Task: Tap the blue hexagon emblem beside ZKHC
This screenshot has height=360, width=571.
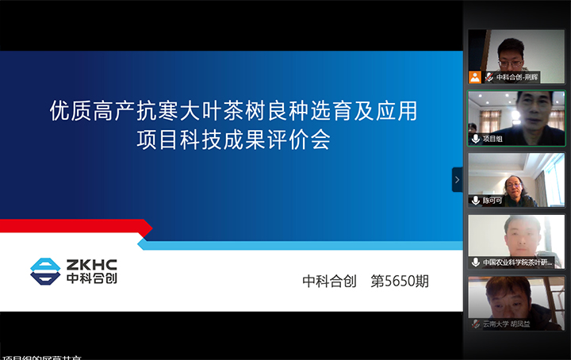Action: coord(45,270)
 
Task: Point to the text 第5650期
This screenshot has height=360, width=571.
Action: coord(400,281)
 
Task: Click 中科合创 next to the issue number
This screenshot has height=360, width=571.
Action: coord(330,281)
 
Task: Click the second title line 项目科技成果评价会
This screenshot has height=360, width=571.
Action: coord(233,142)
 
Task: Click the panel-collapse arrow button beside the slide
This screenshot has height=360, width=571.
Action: coord(457,180)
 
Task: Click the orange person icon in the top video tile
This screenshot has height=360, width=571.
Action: coord(475,77)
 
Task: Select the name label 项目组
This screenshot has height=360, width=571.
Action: coord(492,138)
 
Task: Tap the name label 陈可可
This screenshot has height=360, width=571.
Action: coord(492,201)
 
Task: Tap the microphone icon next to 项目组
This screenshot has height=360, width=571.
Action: coord(476,138)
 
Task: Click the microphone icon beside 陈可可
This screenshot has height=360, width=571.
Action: coord(476,201)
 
